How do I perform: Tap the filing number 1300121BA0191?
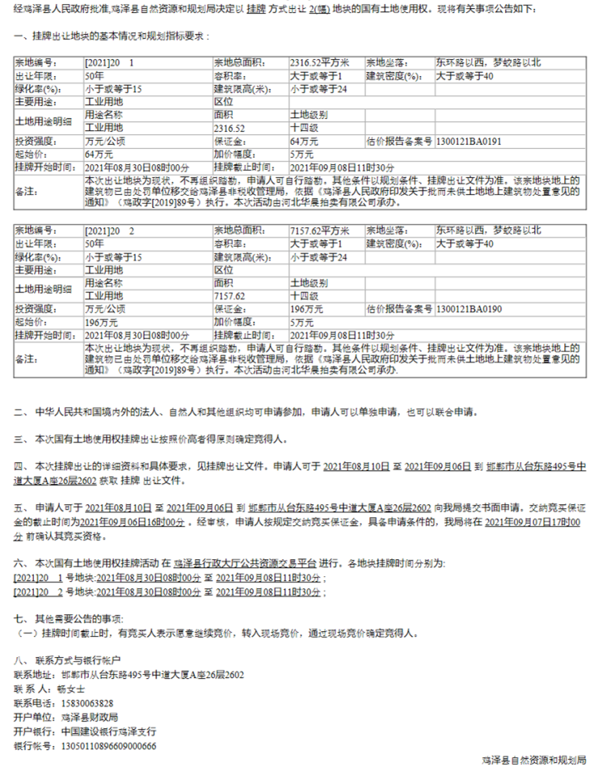(x=469, y=140)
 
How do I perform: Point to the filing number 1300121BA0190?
(x=469, y=308)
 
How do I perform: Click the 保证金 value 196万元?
(x=305, y=308)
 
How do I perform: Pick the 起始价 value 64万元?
(x=99, y=154)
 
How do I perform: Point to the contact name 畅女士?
(x=70, y=689)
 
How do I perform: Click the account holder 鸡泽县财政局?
(x=89, y=717)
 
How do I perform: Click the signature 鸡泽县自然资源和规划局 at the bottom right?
(x=545, y=760)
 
